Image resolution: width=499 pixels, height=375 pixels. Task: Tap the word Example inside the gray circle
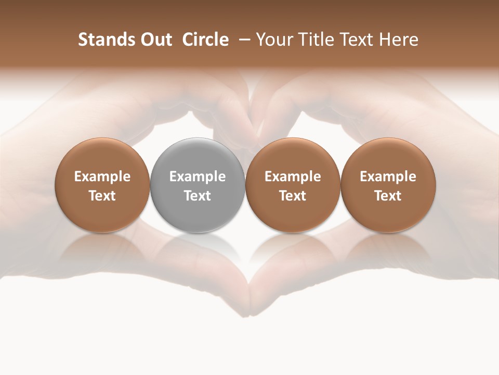point(198,177)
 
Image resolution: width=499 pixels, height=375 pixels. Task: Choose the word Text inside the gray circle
point(198,196)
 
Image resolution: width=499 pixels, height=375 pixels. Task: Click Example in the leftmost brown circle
point(102,177)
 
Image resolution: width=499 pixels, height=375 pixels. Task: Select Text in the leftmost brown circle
point(102,196)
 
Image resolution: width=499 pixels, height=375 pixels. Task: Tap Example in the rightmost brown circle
point(388,177)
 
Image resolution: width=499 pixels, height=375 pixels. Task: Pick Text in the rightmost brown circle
point(388,196)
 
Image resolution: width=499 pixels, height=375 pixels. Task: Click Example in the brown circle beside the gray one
point(293,177)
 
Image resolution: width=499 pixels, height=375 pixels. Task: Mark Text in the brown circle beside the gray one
point(293,196)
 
